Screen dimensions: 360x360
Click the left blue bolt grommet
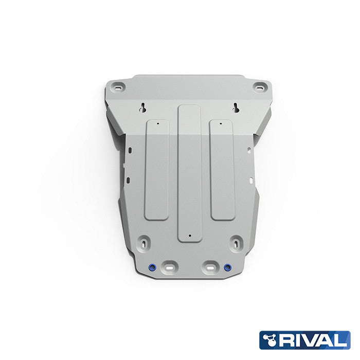pyautogui.click(x=152, y=267)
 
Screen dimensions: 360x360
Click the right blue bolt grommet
pyautogui.click(x=227, y=267)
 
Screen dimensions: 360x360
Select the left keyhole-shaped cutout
pyautogui.click(x=144, y=107)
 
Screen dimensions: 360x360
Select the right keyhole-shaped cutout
pyautogui.click(x=236, y=107)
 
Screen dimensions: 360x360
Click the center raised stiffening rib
pyautogui.click(x=189, y=172)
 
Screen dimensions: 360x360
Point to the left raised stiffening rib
pyautogui.click(x=157, y=170)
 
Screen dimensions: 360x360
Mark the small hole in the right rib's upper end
pyautogui.click(x=220, y=123)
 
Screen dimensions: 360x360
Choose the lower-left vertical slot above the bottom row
pyautogui.click(x=145, y=242)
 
